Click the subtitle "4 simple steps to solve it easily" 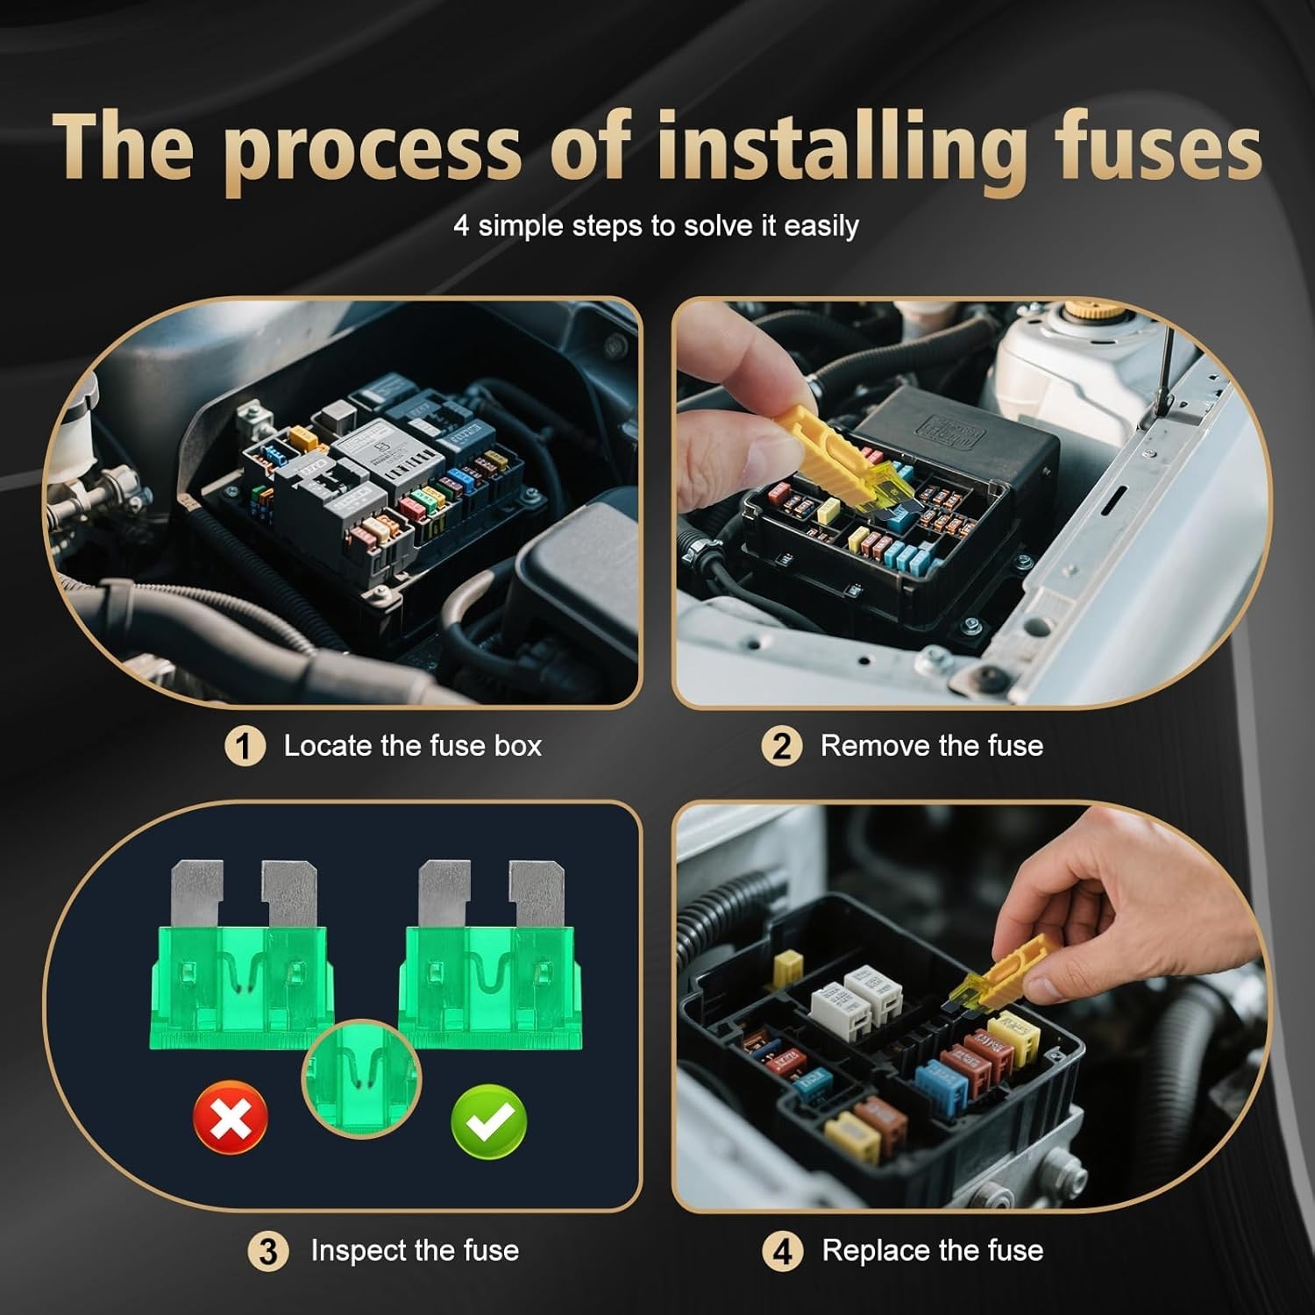point(656,226)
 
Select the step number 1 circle point(245,747)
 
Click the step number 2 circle point(781,747)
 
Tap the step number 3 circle point(268,1251)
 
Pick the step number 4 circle point(781,1251)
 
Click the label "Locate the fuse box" point(412,746)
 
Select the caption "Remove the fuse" point(931,746)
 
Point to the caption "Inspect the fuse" point(414,1250)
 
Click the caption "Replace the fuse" point(932,1250)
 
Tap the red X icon point(230,1119)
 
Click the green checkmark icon point(488,1119)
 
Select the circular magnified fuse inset point(361,1077)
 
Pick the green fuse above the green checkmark point(487,973)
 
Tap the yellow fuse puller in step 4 point(1008,970)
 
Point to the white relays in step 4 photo point(856,999)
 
